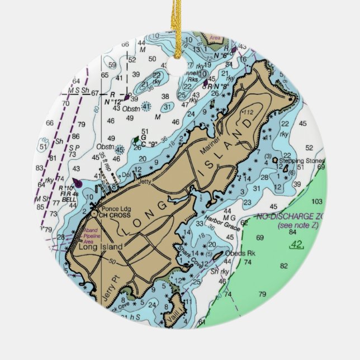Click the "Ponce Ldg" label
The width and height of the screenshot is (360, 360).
[x=112, y=207]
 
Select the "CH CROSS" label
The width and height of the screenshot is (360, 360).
[x=113, y=214]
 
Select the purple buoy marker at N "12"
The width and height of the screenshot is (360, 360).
[x=127, y=97]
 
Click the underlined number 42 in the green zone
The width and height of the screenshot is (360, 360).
[x=296, y=244]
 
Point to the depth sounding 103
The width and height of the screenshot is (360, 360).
[x=317, y=201]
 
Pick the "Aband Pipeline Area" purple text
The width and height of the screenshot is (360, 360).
[x=91, y=236]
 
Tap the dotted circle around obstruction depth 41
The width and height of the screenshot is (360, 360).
[x=146, y=106]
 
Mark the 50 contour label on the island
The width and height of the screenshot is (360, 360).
[x=112, y=262]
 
